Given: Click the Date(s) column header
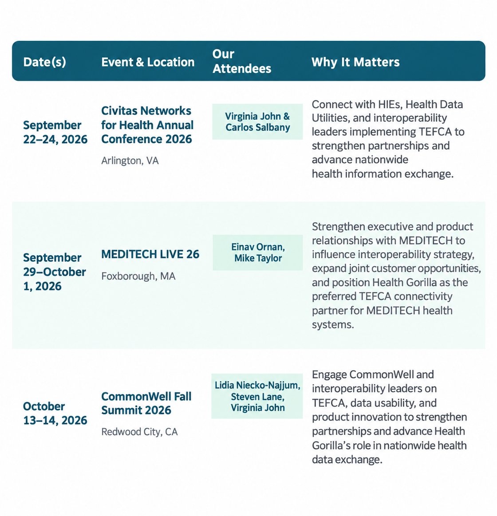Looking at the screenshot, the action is (44, 62).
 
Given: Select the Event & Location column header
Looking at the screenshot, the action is (148, 62).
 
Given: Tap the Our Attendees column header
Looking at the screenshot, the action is (241, 61).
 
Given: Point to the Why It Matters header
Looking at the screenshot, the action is (355, 62).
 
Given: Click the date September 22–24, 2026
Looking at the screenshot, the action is (55, 132).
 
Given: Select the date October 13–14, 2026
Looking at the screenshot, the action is (55, 414).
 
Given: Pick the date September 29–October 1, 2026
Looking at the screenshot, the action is (54, 272).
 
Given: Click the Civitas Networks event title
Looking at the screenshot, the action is (147, 125).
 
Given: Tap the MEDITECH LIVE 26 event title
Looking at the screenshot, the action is (150, 254).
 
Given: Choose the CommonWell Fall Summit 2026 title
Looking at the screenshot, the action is (146, 403).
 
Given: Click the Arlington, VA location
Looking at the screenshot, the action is (130, 161).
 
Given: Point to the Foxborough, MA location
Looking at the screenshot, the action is (138, 276).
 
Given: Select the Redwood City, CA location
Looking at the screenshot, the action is (139, 431).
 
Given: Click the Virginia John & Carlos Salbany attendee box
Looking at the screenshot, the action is (257, 122).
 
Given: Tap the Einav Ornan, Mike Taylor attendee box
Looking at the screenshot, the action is (258, 252).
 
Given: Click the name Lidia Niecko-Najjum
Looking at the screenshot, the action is (257, 386).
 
